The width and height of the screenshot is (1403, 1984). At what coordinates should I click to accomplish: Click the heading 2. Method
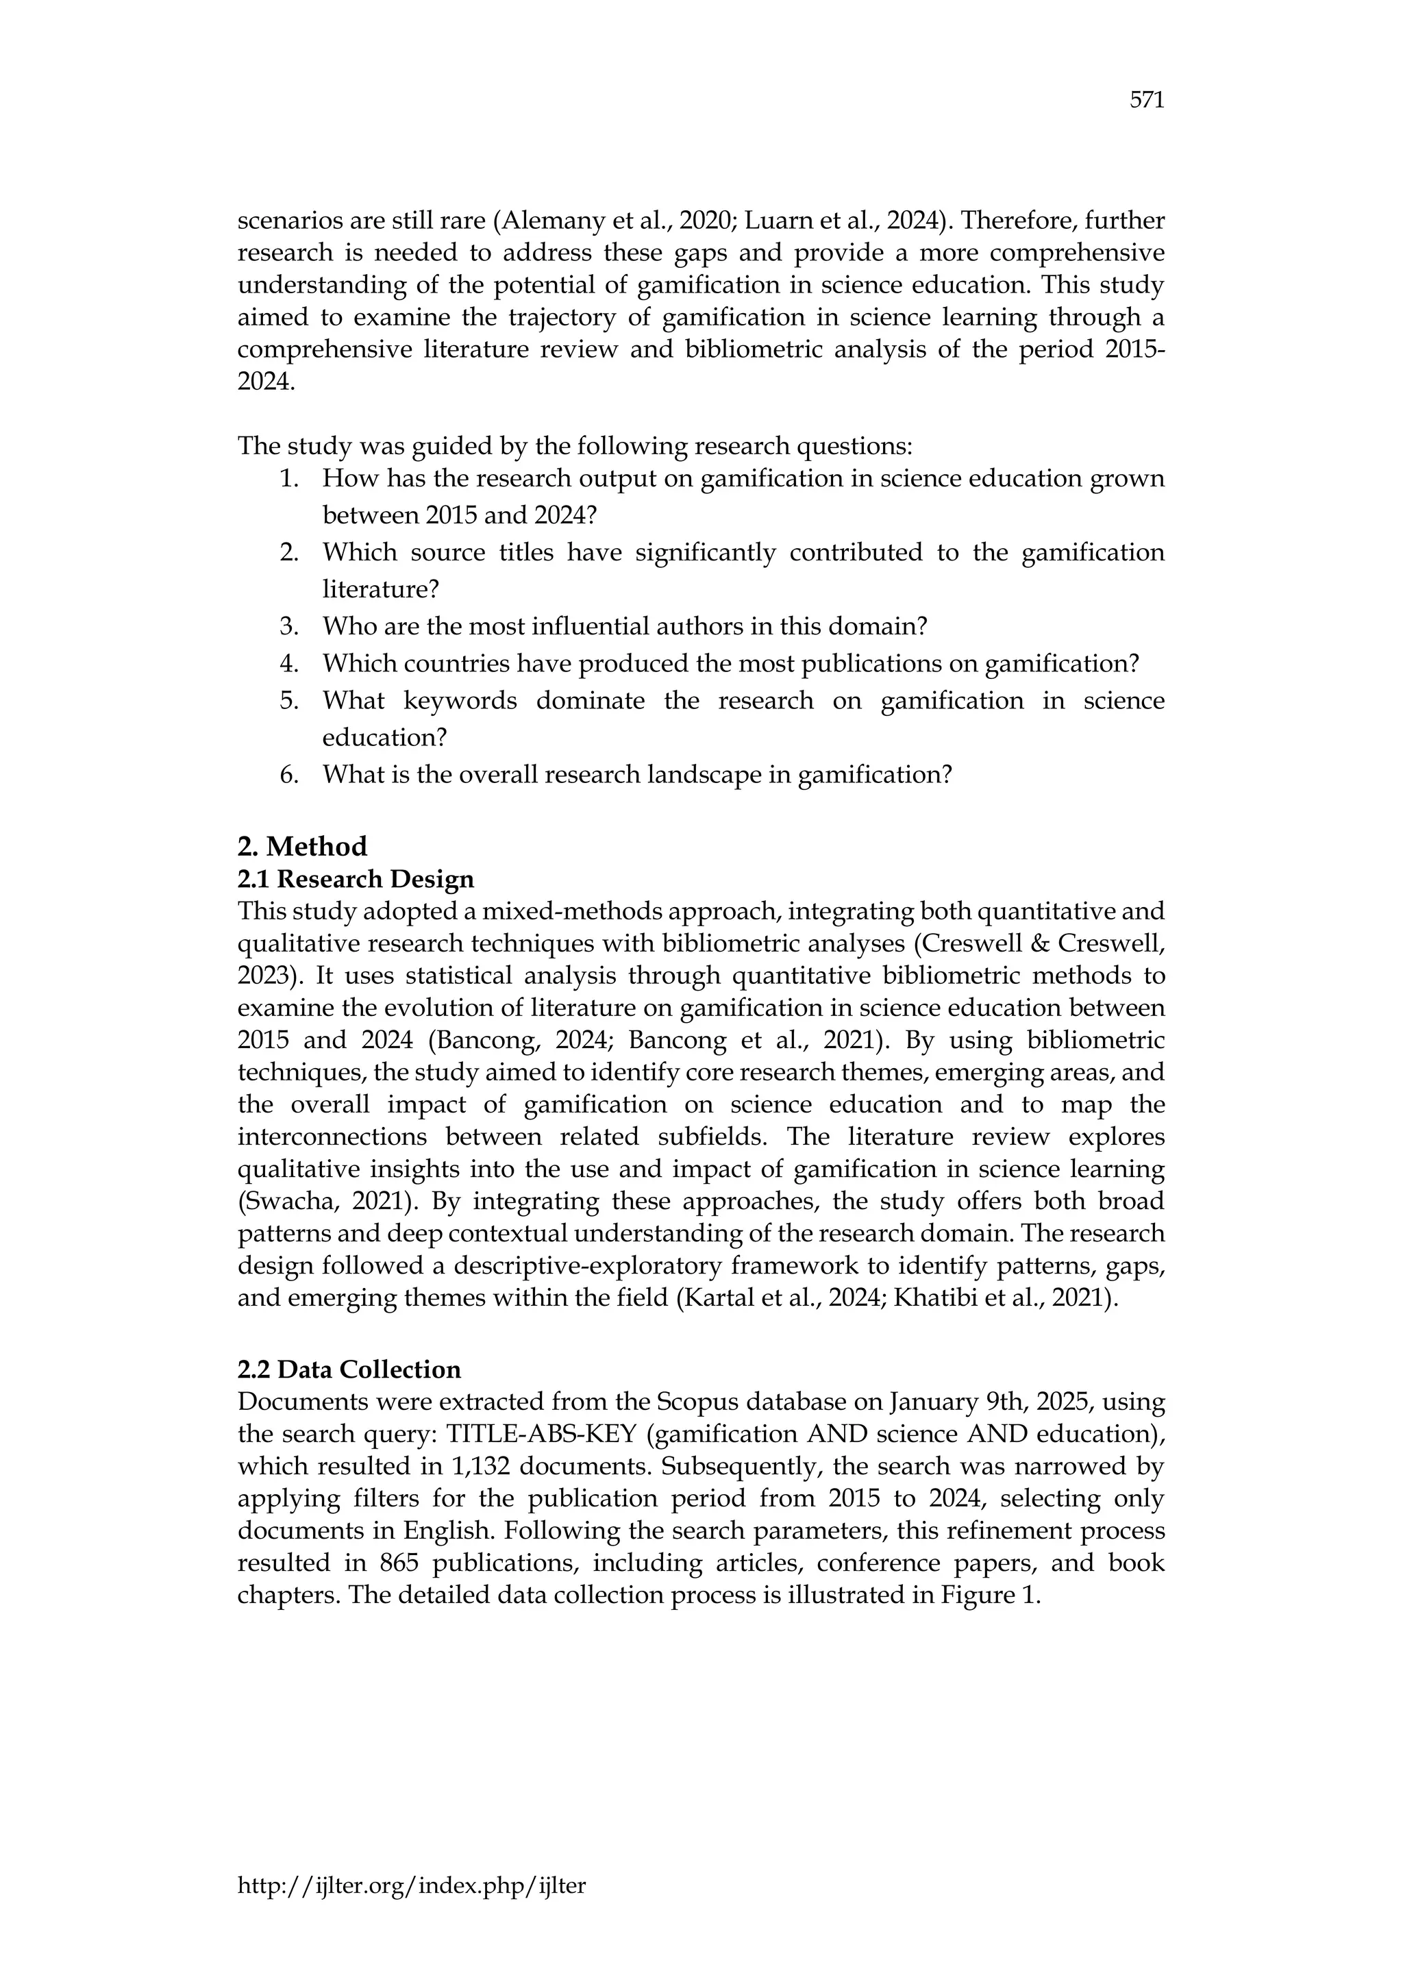pyautogui.click(x=301, y=845)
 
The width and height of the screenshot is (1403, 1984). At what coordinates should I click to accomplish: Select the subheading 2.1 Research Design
pyautogui.click(x=355, y=879)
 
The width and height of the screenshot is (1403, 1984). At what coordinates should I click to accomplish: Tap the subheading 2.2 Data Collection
pyautogui.click(x=349, y=1369)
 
